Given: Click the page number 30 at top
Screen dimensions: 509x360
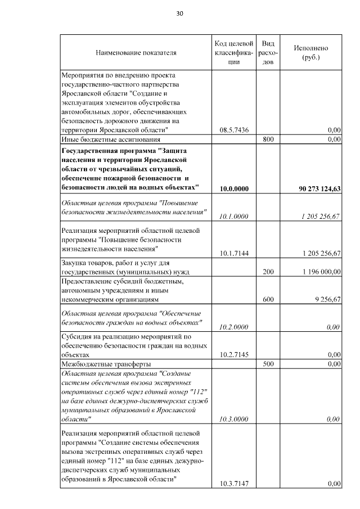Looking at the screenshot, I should [x=179, y=13].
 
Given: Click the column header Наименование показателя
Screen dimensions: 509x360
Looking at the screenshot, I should [x=136, y=53].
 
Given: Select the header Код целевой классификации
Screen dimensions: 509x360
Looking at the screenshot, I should [x=233, y=53].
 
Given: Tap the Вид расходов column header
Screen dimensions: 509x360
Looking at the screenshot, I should [x=268, y=53].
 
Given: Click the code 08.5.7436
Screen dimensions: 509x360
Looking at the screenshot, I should [x=234, y=129].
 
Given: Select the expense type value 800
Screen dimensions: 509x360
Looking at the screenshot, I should [x=268, y=138].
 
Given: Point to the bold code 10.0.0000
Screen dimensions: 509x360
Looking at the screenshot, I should [x=234, y=188].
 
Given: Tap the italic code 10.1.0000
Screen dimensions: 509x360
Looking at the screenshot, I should [x=234, y=215].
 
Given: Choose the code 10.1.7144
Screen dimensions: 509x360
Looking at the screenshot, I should [x=234, y=253].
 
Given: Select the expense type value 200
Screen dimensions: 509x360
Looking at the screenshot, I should [x=268, y=272].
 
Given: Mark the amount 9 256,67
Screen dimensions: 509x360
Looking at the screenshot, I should [x=326, y=300].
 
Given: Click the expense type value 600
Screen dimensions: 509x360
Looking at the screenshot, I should [x=268, y=300].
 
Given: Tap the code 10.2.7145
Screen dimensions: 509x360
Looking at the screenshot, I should [x=234, y=354].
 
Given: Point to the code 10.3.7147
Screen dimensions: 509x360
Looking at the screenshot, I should [x=234, y=483].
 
